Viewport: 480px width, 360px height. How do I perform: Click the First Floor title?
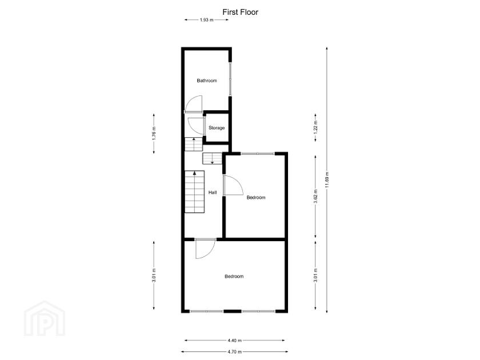[x=240, y=11]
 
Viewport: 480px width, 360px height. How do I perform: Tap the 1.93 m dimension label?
[x=206, y=20]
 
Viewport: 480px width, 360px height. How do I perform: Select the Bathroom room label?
[x=207, y=81]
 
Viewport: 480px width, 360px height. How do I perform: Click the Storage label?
[x=217, y=127]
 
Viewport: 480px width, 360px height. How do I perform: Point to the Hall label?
[x=212, y=193]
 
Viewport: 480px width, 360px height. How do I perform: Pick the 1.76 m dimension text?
[x=154, y=133]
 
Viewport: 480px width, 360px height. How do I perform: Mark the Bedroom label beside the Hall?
[x=256, y=198]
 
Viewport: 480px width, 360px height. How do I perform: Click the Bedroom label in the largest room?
[x=234, y=277]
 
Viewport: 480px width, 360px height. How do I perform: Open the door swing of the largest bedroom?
[x=204, y=249]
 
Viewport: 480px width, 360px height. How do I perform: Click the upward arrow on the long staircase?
[x=195, y=173]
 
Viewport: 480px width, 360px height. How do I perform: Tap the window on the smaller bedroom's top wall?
[x=257, y=153]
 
